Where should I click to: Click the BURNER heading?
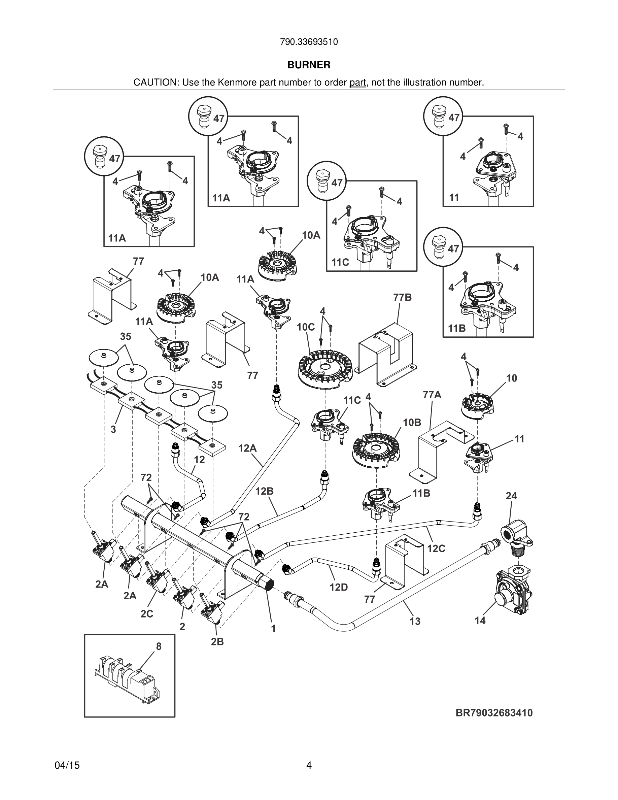[x=309, y=65]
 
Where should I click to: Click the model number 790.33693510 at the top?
[x=309, y=42]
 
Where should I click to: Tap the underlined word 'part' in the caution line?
[x=358, y=83]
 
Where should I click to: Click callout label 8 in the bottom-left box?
[x=159, y=646]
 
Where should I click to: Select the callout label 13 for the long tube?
[x=415, y=621]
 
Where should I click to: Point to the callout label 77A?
[x=432, y=395]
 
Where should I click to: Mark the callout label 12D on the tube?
[x=338, y=587]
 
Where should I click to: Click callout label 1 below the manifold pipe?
[x=273, y=628]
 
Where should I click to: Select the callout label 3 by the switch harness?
[x=113, y=429]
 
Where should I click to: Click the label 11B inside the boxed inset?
[x=457, y=328]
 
